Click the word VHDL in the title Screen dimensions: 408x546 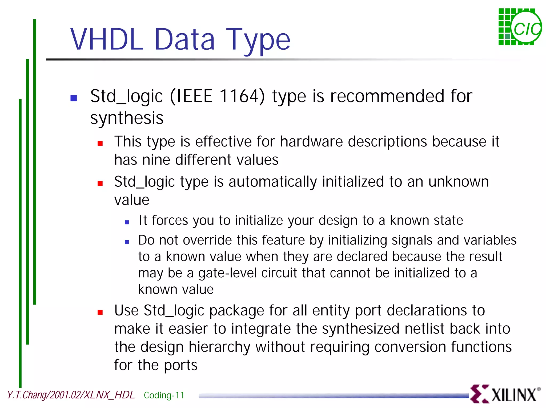coord(107,40)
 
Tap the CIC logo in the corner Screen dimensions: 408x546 coord(520,27)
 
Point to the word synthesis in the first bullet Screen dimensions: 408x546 coord(127,118)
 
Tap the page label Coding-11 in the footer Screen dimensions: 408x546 coord(164,395)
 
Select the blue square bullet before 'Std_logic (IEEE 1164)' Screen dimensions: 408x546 coord(74,98)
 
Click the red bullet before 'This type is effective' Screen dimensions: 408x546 coord(100,144)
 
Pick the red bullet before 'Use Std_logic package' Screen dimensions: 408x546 coord(100,312)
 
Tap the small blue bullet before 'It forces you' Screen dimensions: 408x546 coord(127,222)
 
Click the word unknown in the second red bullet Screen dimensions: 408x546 coord(459,182)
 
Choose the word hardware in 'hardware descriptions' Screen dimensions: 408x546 coord(311,142)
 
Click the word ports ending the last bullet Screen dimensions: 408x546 coord(180,365)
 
